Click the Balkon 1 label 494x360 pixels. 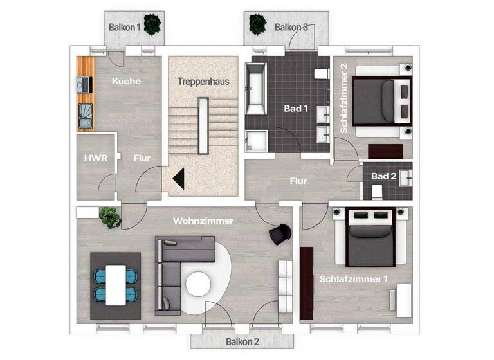tap(125, 27)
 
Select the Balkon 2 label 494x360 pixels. tap(242, 341)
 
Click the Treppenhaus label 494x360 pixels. tap(203, 82)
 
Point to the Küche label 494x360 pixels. tap(126, 81)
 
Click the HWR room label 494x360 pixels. tap(95, 157)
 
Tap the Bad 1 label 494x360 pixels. tap(296, 109)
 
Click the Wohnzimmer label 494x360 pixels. tap(203, 221)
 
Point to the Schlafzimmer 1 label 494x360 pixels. tap(354, 278)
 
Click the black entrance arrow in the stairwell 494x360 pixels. tap(178, 178)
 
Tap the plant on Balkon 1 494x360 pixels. tap(152, 24)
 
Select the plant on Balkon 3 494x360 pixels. tap(258, 24)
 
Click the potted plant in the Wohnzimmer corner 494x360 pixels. tap(111, 217)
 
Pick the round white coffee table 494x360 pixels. tap(197, 283)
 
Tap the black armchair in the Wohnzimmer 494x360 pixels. tap(279, 235)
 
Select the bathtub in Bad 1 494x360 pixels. tap(255, 91)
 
